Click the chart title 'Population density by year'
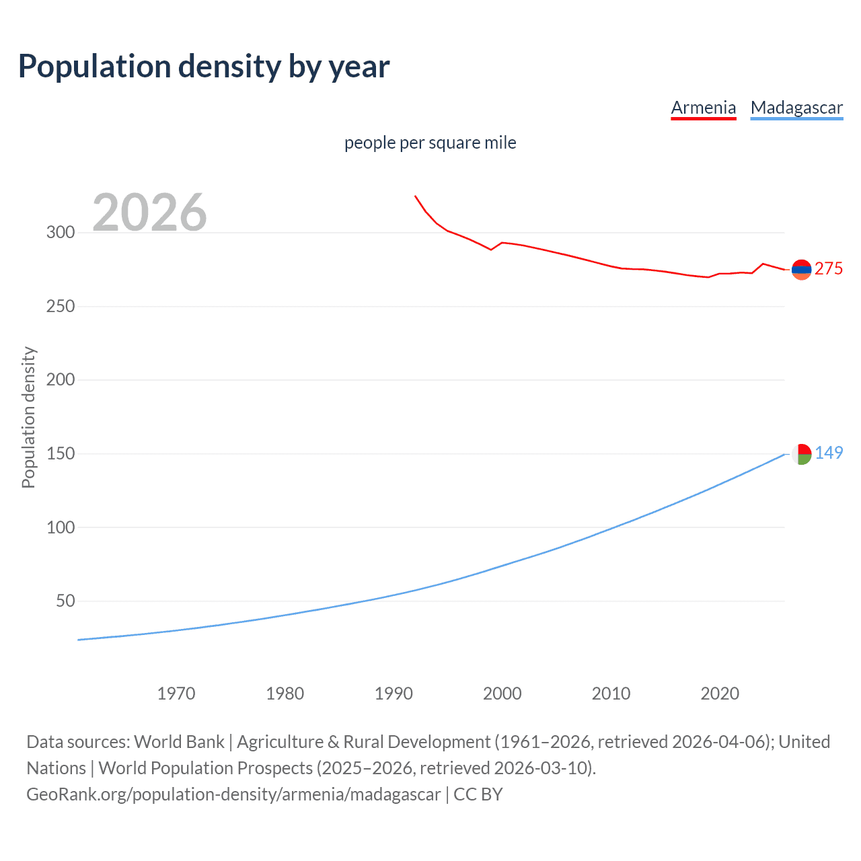coord(204,67)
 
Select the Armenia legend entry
coord(704,108)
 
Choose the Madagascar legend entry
coord(796,108)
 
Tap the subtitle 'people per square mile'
coord(430,143)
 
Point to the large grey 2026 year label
coord(149,213)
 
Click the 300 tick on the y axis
coord(61,233)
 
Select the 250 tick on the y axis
coord(61,306)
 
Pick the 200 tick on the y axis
coord(61,380)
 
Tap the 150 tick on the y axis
coord(61,453)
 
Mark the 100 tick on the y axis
coord(61,527)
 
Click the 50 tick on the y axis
coord(65,601)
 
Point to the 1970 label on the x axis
coord(176,694)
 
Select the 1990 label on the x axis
coord(394,694)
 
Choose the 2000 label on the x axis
coord(502,694)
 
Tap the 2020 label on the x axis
coord(720,694)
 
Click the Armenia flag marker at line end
coord(801,270)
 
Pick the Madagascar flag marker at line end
coord(801,454)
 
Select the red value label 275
coord(829,269)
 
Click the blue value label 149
coord(829,453)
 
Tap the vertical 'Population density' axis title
coord(28,417)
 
